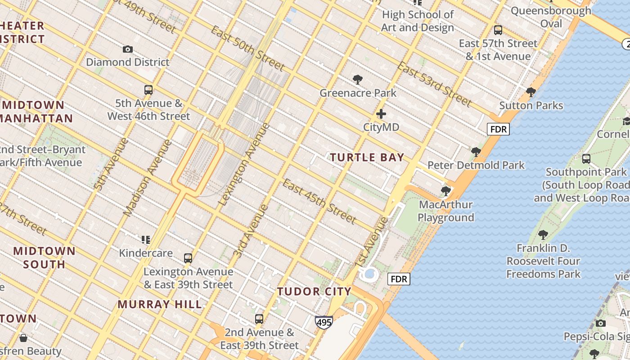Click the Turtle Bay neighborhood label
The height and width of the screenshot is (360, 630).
[367, 157]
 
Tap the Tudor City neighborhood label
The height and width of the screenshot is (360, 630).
[314, 292]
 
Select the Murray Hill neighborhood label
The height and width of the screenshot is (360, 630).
[160, 304]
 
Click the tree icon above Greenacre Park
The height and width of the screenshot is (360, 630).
[358, 80]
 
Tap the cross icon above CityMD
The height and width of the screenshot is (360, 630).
[381, 114]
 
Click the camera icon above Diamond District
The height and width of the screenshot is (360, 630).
[128, 49]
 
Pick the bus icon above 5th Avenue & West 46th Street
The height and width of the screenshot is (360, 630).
[148, 90]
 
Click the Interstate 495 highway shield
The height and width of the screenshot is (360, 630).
[324, 322]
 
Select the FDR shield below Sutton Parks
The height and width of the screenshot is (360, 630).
[499, 130]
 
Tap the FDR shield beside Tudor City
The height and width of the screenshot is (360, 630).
[399, 279]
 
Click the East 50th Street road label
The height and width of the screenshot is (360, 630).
[247, 49]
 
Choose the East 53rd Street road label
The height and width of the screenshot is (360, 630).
[434, 85]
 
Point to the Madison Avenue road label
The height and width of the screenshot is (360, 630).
[148, 177]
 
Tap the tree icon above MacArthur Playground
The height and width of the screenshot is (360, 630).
[446, 191]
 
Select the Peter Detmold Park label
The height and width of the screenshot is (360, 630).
[476, 165]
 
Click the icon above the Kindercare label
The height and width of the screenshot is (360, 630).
[145, 239]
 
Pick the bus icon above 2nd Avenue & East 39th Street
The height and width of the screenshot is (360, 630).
[259, 319]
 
